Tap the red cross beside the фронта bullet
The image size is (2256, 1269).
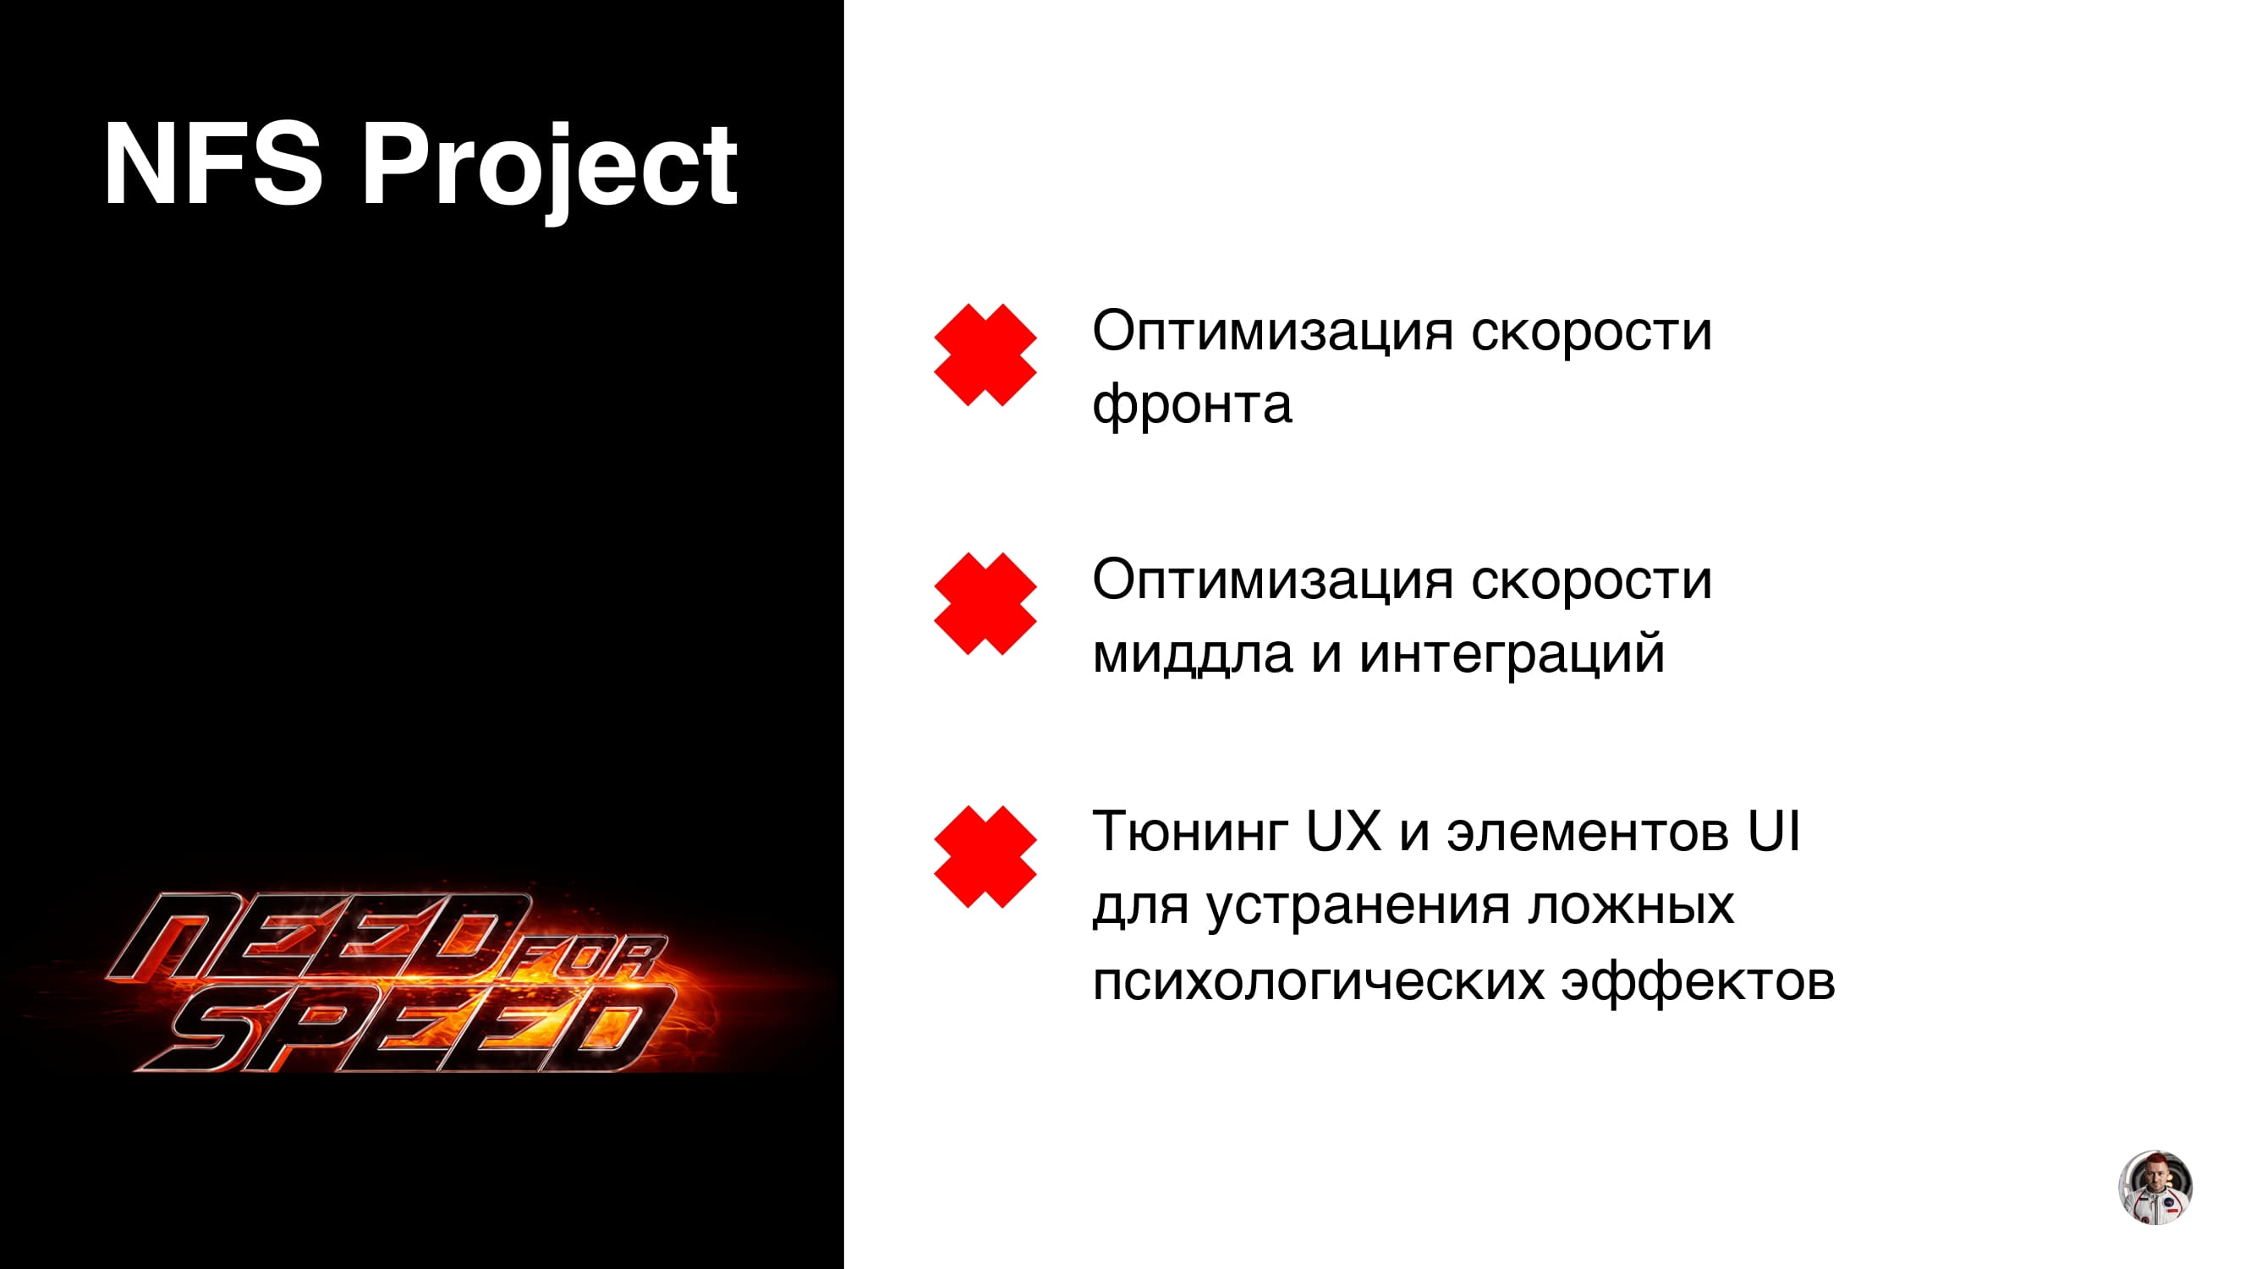click(x=985, y=354)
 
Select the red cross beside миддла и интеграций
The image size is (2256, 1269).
click(x=985, y=603)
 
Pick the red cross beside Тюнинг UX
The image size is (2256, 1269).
click(x=985, y=856)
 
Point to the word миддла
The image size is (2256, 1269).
click(x=1193, y=654)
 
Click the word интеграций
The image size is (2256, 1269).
click(x=1512, y=652)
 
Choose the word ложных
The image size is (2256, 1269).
click(x=1631, y=905)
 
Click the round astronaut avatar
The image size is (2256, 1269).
click(x=2155, y=1188)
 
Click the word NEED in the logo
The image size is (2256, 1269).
click(x=320, y=937)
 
